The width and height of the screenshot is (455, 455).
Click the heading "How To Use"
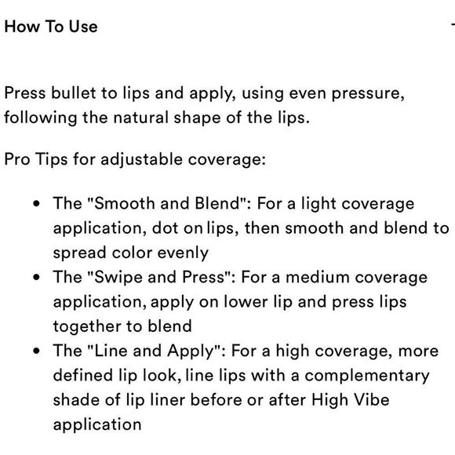point(51,27)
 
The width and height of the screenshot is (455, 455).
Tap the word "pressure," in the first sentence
point(368,94)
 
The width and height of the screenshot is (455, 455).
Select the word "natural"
point(141,118)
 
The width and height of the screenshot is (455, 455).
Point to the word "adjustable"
point(141,160)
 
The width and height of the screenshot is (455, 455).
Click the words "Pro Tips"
point(36,159)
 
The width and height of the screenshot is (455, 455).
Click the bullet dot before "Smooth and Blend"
point(36,203)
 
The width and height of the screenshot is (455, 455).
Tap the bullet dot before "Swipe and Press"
point(36,277)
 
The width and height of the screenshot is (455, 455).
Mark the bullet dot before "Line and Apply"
point(36,351)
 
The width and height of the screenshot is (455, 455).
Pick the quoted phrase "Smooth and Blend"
point(167,203)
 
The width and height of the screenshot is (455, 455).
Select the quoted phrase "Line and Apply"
point(154,351)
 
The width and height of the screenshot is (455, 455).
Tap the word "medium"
point(318,277)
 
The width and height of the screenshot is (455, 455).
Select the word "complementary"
point(367,376)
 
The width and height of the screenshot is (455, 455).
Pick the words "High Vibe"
point(350,400)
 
